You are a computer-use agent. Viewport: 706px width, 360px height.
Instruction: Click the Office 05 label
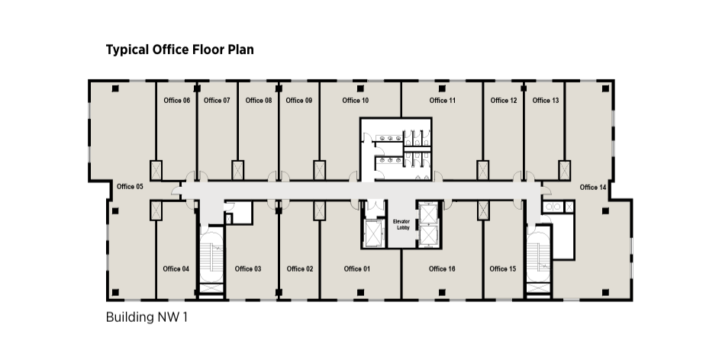click(130, 186)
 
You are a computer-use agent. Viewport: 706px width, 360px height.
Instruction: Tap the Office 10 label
click(355, 101)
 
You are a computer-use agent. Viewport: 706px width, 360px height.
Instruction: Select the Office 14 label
click(593, 187)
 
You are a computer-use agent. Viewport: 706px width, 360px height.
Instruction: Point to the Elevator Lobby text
click(401, 224)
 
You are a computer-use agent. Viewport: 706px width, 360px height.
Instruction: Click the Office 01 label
click(357, 268)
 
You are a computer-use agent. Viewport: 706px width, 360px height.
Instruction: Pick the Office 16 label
click(442, 268)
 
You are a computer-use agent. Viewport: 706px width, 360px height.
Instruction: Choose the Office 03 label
click(248, 268)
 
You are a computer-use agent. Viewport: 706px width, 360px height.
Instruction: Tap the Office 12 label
click(504, 101)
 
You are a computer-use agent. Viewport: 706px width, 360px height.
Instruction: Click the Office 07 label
click(217, 101)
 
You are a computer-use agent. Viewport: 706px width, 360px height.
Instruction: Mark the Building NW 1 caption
click(147, 317)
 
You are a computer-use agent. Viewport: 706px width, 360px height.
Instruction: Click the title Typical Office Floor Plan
click(180, 49)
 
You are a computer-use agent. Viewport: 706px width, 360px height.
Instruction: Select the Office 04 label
click(176, 268)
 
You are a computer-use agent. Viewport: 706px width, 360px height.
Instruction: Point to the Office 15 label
click(503, 268)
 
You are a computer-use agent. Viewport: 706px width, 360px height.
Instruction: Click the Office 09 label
click(299, 101)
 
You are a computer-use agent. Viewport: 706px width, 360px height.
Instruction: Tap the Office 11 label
click(443, 101)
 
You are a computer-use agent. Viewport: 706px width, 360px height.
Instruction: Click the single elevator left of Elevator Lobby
click(373, 233)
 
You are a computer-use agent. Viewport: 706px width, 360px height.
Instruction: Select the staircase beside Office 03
click(211, 261)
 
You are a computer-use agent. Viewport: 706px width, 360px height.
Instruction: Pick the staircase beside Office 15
click(539, 261)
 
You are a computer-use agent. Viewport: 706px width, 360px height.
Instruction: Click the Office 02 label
click(300, 268)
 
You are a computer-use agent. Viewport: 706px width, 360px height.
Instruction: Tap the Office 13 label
click(546, 101)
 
